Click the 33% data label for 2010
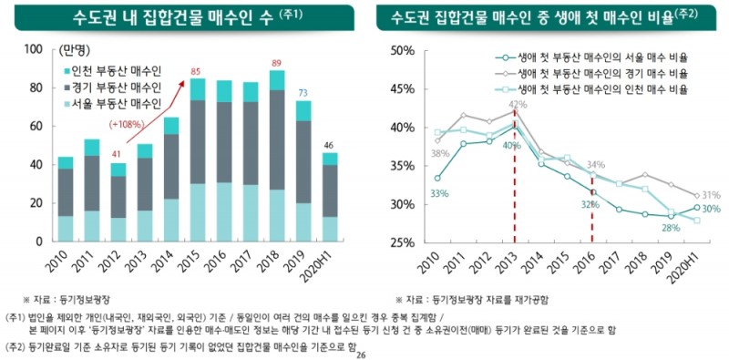coord(439,193)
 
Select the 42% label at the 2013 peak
coord(518,105)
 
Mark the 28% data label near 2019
coord(671,228)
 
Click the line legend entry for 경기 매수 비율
coord(601,73)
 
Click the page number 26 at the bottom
coord(361,355)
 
